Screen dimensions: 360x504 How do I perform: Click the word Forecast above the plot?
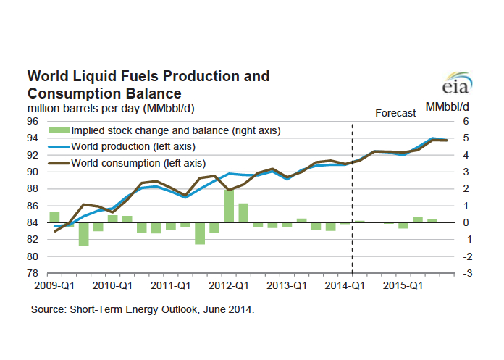tap(395, 113)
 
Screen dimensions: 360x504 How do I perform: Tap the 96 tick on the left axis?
tap(34, 121)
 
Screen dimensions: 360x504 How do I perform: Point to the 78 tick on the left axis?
tap(34, 273)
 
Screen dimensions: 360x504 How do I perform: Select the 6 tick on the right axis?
tap(467, 121)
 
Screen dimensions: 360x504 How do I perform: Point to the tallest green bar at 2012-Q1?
tap(229, 206)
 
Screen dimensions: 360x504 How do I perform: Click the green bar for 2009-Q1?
tap(54, 217)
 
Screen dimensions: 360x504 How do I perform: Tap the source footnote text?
tap(142, 309)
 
